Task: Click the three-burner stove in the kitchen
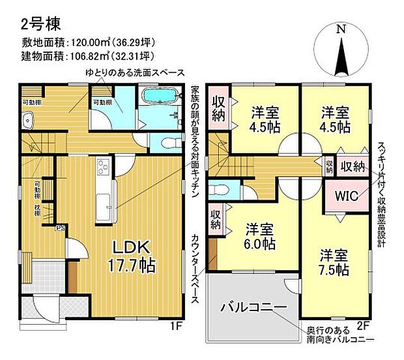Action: tap(104, 168)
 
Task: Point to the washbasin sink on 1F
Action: tap(27, 121)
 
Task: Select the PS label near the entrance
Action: tap(59, 228)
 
